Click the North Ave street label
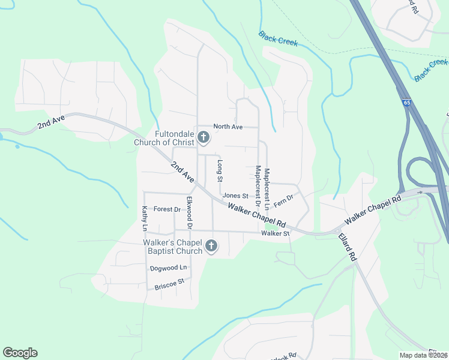point(228,127)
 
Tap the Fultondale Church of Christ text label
point(165,138)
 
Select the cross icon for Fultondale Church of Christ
point(203,138)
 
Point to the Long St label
point(220,171)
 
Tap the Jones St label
point(235,196)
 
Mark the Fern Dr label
point(283,201)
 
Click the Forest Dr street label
point(167,209)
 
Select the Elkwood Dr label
point(189,212)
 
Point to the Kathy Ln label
point(145,218)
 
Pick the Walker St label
point(275,233)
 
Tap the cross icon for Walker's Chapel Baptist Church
point(211,246)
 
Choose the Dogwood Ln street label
point(169,268)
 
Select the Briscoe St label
point(169,284)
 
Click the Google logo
point(20,353)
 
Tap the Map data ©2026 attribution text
point(424,355)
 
